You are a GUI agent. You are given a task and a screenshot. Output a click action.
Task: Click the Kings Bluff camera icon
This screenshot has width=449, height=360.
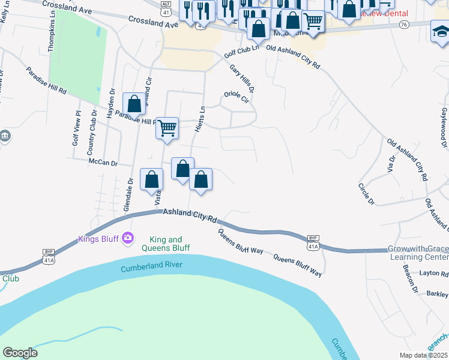[x=127, y=239]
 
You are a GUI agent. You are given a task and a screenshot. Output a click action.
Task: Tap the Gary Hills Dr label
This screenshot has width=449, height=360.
[x=243, y=79]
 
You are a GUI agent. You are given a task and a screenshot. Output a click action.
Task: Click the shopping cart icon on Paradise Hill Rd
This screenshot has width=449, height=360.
[x=167, y=127]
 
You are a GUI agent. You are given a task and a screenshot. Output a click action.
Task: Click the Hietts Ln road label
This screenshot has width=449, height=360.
[x=202, y=118]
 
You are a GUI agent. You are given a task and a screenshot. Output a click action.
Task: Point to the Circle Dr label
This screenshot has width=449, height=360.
[x=366, y=193]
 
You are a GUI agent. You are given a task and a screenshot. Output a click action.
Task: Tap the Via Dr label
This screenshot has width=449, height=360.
[x=392, y=167]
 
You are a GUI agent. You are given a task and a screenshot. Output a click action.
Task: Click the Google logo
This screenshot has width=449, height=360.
[x=20, y=353]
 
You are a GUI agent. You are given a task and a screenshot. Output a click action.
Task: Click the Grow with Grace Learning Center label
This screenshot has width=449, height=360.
[x=417, y=253]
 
